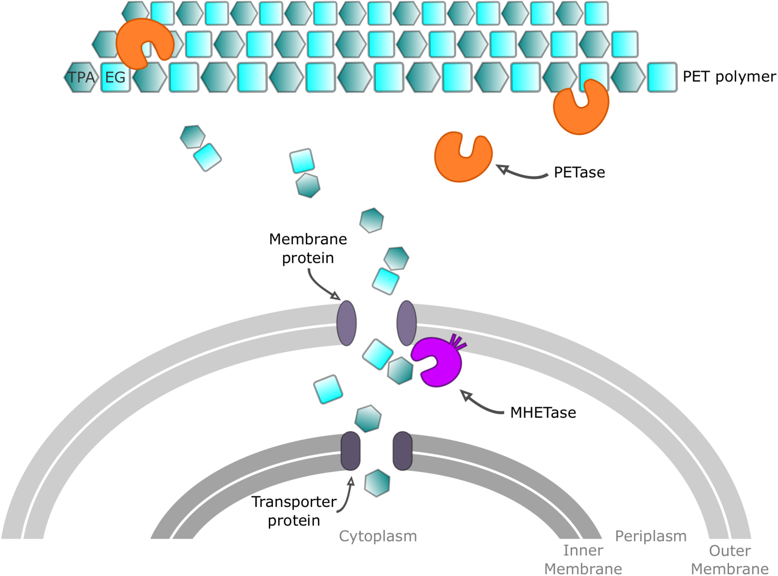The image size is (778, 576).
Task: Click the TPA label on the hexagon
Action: [81, 77]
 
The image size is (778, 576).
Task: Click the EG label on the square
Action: [115, 77]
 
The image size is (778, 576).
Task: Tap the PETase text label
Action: [579, 173]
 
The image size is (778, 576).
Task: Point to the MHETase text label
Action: [543, 413]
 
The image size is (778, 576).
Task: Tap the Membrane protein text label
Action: [308, 249]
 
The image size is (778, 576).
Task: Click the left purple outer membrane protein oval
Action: [346, 323]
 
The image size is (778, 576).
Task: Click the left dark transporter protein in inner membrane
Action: [350, 451]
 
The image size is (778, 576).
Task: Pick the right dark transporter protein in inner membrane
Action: [402, 451]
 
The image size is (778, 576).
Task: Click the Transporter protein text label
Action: [294, 511]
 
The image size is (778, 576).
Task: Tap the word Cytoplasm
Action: [378, 536]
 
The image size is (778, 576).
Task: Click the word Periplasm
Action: [651, 536]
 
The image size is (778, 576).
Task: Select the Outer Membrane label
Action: [730, 560]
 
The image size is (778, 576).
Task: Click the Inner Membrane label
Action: [583, 560]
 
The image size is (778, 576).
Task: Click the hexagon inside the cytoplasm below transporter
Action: [377, 483]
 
